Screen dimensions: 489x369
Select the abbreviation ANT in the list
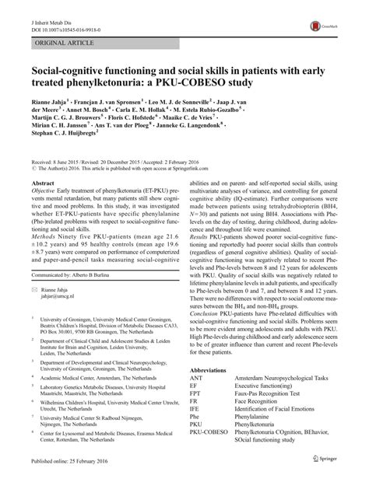click(198, 425)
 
